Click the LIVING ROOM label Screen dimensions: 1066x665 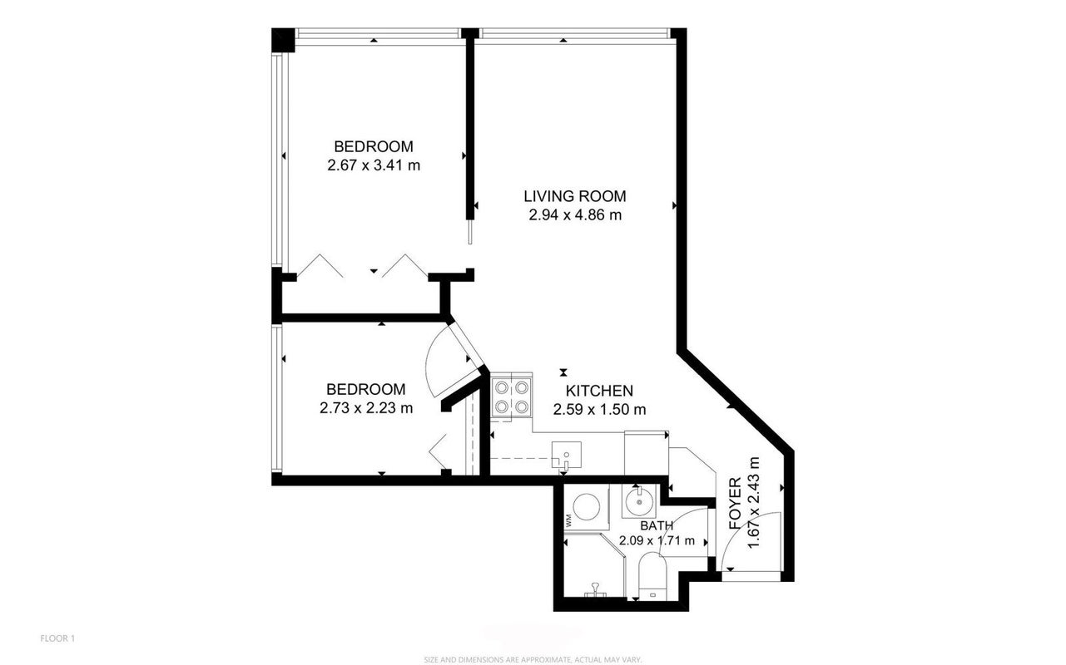click(575, 196)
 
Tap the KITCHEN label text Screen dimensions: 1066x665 click(599, 391)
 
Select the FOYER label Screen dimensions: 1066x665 click(736, 504)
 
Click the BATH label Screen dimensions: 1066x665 click(657, 525)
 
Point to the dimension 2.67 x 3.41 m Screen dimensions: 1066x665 click(374, 165)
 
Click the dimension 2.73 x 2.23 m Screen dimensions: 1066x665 click(366, 408)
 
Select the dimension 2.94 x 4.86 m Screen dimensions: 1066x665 click(575, 215)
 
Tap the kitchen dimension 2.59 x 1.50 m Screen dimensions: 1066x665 click(599, 409)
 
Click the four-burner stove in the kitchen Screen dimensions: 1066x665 click(511, 397)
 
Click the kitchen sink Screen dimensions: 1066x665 click(567, 455)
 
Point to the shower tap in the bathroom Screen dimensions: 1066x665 click(595, 589)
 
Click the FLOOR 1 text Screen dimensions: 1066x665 click(57, 638)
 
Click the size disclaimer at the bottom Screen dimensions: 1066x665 click(533, 659)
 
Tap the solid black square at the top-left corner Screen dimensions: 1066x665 click(283, 39)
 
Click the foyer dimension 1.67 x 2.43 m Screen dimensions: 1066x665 click(753, 503)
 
